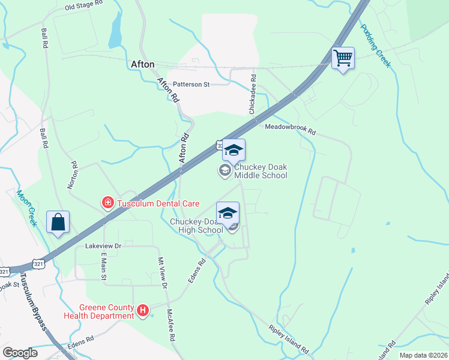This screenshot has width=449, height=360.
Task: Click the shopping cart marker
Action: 343,59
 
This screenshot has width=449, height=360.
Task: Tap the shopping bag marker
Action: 58,223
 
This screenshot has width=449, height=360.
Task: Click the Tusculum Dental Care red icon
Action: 107,203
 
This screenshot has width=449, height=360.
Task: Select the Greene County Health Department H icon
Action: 143,310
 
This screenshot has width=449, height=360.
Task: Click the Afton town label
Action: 143,64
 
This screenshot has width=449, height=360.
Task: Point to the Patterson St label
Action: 191,85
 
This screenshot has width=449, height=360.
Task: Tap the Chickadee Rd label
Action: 253,95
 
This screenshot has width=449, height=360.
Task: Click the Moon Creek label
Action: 26,208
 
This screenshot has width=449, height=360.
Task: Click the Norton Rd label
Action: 73,175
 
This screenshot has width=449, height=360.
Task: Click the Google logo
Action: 20,353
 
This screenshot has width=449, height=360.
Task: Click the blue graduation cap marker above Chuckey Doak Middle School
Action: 234,150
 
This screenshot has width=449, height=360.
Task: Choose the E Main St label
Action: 103,265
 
